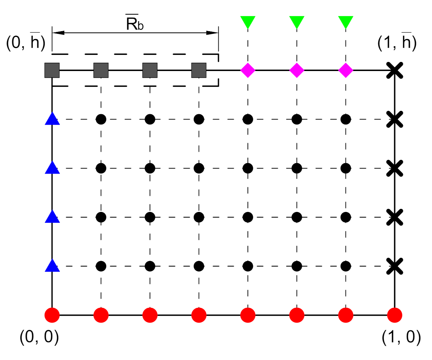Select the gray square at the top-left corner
point(52,70)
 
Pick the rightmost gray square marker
point(199,70)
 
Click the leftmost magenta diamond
point(248,70)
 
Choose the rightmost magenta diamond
point(346,70)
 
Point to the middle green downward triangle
point(297,22)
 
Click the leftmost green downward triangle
point(248,22)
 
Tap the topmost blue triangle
point(52,119)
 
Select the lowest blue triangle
point(52,265)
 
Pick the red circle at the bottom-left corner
point(52,315)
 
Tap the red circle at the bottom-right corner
point(394,315)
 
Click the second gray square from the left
point(101,70)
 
